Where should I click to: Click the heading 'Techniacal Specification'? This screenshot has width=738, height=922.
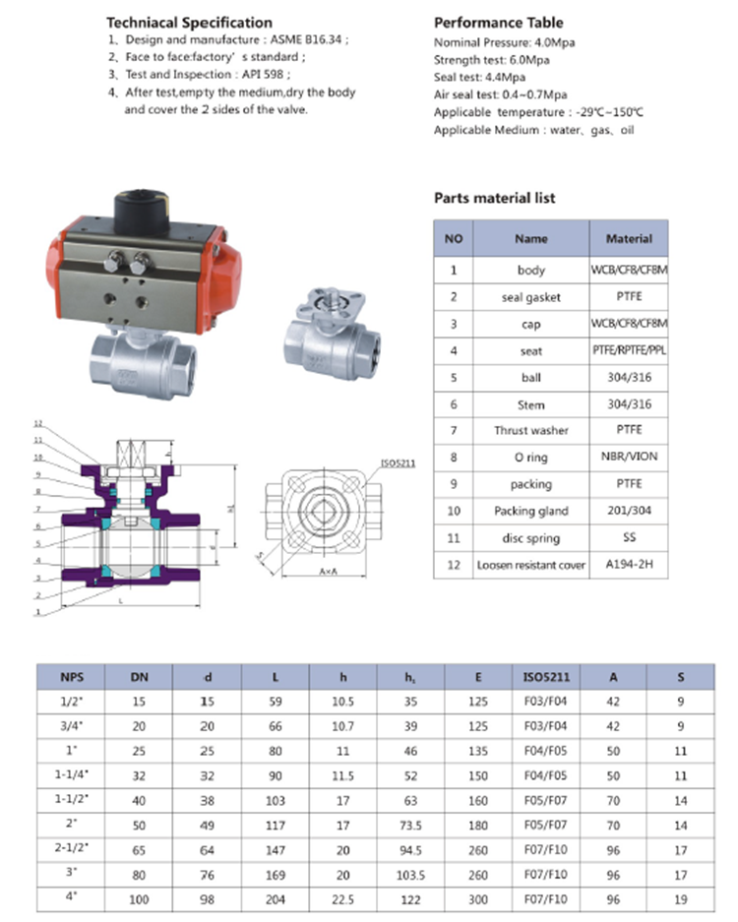pos(189,22)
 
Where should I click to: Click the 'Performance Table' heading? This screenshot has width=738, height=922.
pos(499,22)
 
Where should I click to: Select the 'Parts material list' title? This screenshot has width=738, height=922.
pos(495,198)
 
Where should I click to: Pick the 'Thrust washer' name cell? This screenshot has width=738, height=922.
pos(530,431)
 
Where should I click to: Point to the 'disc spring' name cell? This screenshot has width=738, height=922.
pos(530,538)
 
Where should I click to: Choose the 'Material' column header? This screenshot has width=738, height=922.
pos(629,238)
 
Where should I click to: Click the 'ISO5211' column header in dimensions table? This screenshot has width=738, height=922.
pos(546,677)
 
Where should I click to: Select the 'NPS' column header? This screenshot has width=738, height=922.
pos(72,677)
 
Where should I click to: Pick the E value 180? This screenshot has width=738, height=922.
pos(478,825)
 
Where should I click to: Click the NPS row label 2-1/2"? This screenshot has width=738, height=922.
pos(72,848)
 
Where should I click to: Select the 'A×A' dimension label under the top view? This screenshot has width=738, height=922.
pos(330,571)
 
